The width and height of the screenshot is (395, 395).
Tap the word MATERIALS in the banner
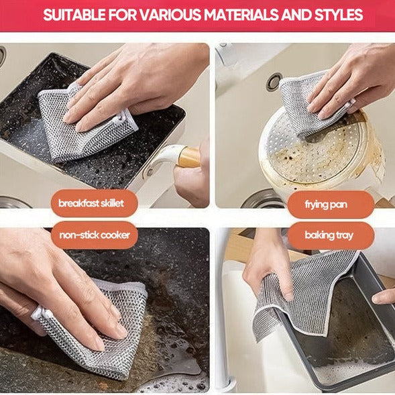pos(256,15)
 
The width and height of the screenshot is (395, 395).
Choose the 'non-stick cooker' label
pos(95,235)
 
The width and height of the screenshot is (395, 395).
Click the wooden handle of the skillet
pos(188,158)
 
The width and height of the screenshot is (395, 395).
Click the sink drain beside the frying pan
pos(274,82)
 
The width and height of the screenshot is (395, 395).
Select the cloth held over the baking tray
pos(302,292)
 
